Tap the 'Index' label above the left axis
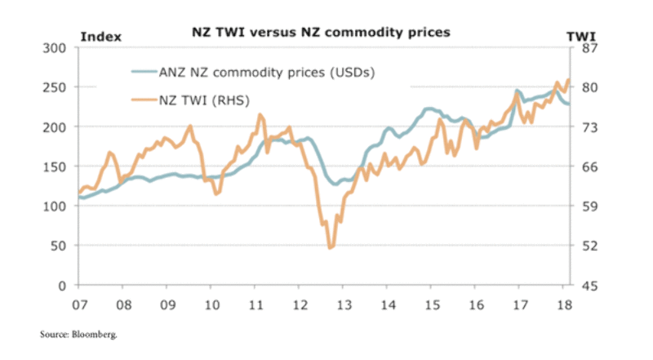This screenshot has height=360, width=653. (100, 36)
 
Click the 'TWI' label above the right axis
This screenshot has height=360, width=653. (580, 36)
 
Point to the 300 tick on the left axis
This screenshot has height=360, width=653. (57, 48)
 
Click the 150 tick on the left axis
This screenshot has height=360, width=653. (57, 167)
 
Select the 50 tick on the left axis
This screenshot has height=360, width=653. (60, 246)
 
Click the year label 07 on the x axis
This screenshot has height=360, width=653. (79, 304)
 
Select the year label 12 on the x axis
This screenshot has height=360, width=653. (300, 304)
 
